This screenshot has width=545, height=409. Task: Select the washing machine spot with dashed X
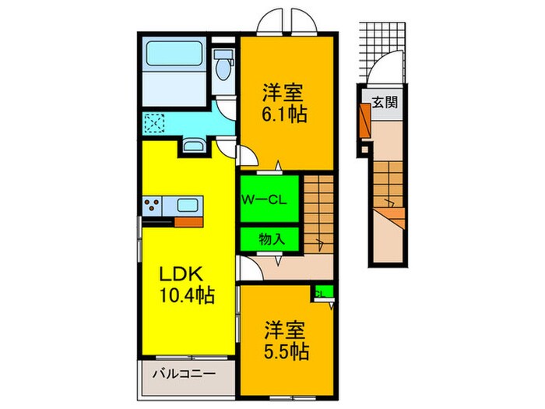pos(154,122)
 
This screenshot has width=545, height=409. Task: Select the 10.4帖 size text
pos(187,296)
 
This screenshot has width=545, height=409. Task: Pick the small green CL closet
pos(322,293)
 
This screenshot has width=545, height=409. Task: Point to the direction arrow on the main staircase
pos(320,242)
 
